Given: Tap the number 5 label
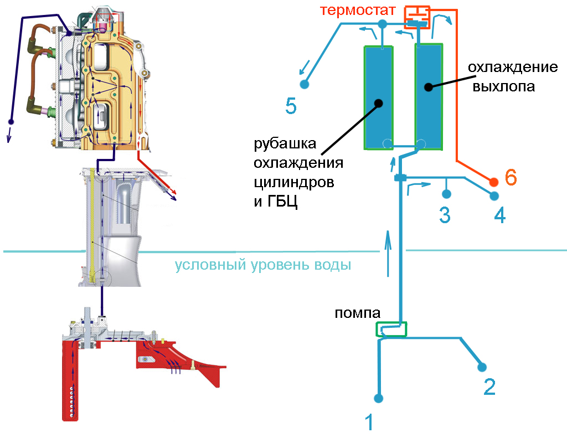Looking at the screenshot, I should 291,105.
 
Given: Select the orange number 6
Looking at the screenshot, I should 511,178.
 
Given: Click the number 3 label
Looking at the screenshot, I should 445,215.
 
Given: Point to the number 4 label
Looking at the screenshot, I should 499,215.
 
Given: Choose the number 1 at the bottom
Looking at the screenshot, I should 369,423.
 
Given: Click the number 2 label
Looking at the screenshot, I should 489,387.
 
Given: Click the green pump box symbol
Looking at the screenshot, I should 391,330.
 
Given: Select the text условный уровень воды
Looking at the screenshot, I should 263,265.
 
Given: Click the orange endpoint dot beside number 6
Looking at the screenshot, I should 493,182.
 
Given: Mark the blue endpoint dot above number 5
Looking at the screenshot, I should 304,84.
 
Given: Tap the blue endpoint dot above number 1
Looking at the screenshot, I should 379,398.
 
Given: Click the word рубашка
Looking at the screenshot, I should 285,145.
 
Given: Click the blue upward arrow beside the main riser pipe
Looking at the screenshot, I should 388,254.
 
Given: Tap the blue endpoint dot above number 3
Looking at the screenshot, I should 446,194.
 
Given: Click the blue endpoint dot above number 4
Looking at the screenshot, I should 494,195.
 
